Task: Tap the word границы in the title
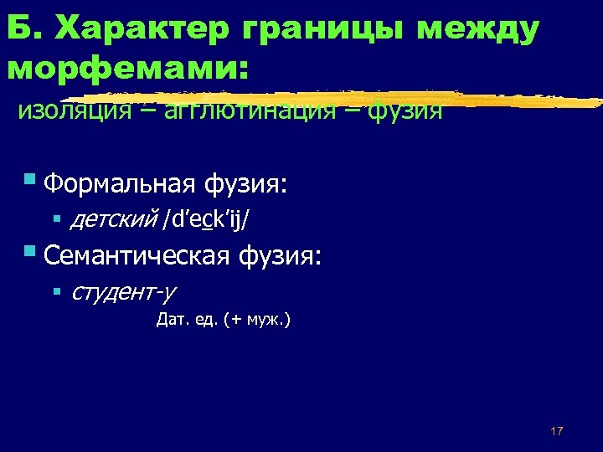324,29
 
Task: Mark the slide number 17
557,430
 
